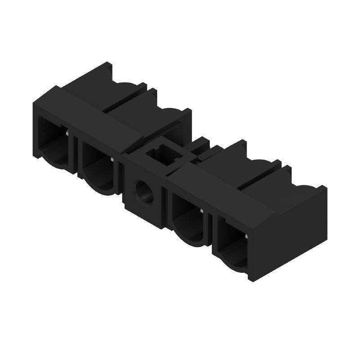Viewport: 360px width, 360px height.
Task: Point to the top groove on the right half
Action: (x=258, y=176)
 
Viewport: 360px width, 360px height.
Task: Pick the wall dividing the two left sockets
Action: (x=76, y=155)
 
